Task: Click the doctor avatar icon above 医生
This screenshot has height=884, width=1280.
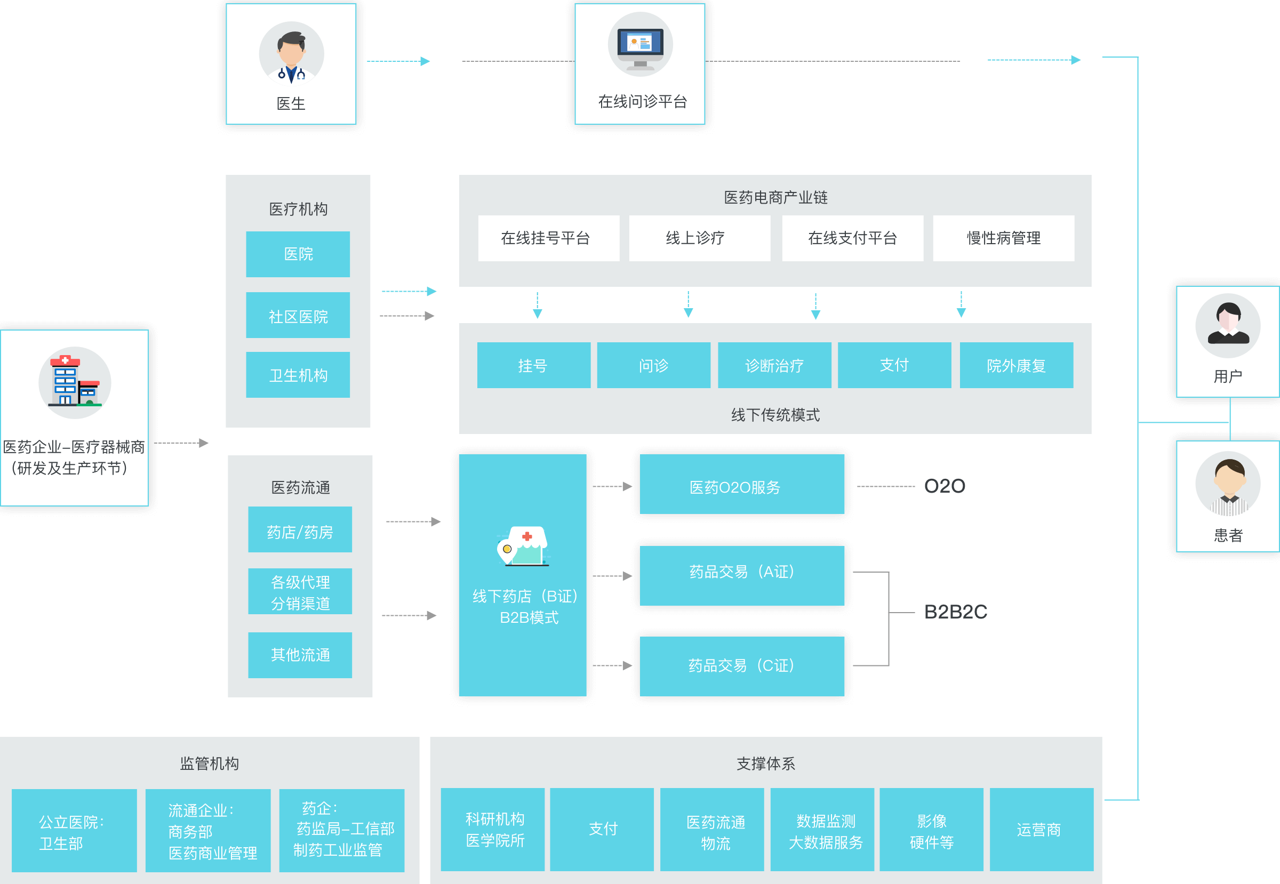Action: click(x=291, y=54)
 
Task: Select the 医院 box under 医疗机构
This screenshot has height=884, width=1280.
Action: click(x=298, y=254)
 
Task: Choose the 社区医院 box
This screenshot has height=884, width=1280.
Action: click(x=298, y=316)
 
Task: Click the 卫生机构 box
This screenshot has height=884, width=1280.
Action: click(x=298, y=375)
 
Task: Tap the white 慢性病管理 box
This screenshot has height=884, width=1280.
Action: click(x=1004, y=238)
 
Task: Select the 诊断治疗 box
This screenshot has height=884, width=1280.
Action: click(x=774, y=366)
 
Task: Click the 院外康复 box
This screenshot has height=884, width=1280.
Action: click(x=1016, y=366)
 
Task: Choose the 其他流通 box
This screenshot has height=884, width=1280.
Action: click(x=300, y=655)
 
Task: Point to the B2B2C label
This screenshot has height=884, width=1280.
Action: click(x=956, y=612)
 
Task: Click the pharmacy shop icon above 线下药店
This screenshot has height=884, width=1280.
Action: click(x=524, y=545)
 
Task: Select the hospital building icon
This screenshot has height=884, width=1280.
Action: click(x=75, y=383)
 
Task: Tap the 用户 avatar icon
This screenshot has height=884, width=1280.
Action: click(x=1227, y=326)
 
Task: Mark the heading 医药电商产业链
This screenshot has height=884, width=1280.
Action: click(x=775, y=197)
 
